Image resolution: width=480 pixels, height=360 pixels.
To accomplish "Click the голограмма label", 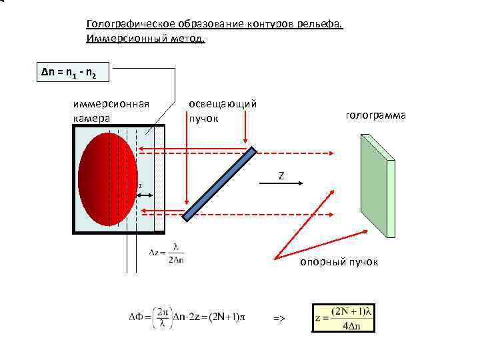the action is (x=375, y=115).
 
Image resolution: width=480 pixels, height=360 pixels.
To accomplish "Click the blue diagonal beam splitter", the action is (x=219, y=183).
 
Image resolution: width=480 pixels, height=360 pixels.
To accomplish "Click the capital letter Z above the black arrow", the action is (x=281, y=175).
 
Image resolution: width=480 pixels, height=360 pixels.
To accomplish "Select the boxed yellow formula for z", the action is (x=343, y=318).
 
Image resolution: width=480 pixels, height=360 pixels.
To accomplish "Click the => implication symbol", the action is (x=279, y=319).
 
